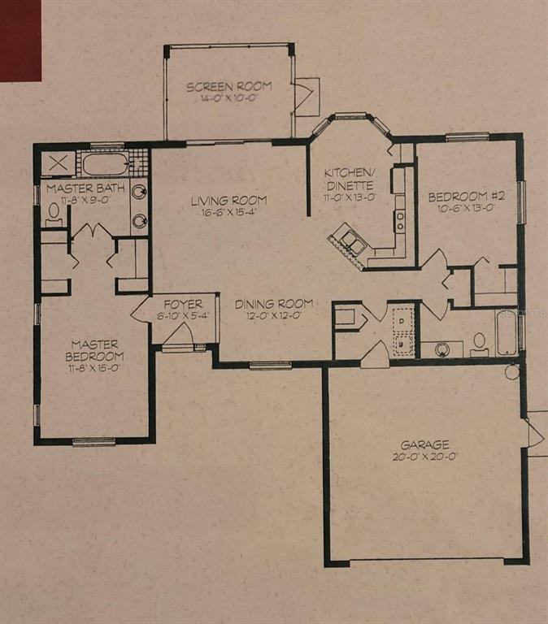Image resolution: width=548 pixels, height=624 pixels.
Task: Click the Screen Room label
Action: coord(229,86)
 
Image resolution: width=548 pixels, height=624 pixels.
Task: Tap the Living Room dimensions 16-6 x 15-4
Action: coord(228,212)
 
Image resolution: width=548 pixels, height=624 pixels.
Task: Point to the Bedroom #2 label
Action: coord(467,196)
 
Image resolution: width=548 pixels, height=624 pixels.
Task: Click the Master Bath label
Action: coord(85,188)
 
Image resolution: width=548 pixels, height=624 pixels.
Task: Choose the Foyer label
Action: coord(183,305)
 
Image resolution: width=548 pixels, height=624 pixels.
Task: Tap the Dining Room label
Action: coord(274,304)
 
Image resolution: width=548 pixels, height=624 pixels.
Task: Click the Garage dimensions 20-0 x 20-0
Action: coord(424,457)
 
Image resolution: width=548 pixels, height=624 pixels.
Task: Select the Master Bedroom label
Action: coord(95,350)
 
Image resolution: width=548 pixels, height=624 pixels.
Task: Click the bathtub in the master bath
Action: coord(106,164)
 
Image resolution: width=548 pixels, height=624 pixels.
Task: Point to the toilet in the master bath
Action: coord(54,214)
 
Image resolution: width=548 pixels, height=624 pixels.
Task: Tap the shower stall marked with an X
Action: coord(59,163)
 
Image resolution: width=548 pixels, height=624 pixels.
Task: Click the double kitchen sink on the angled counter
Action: coord(351,241)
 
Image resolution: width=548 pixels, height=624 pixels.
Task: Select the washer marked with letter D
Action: coord(402,319)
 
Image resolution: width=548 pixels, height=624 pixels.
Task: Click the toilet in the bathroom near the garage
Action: coord(480,344)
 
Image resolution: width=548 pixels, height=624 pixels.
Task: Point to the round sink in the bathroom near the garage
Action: coord(441,349)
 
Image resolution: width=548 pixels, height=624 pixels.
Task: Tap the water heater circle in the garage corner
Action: coord(512,372)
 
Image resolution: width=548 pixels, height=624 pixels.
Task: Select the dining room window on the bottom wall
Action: coord(271,365)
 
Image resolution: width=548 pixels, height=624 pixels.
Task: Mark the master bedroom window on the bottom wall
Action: coord(94,441)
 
